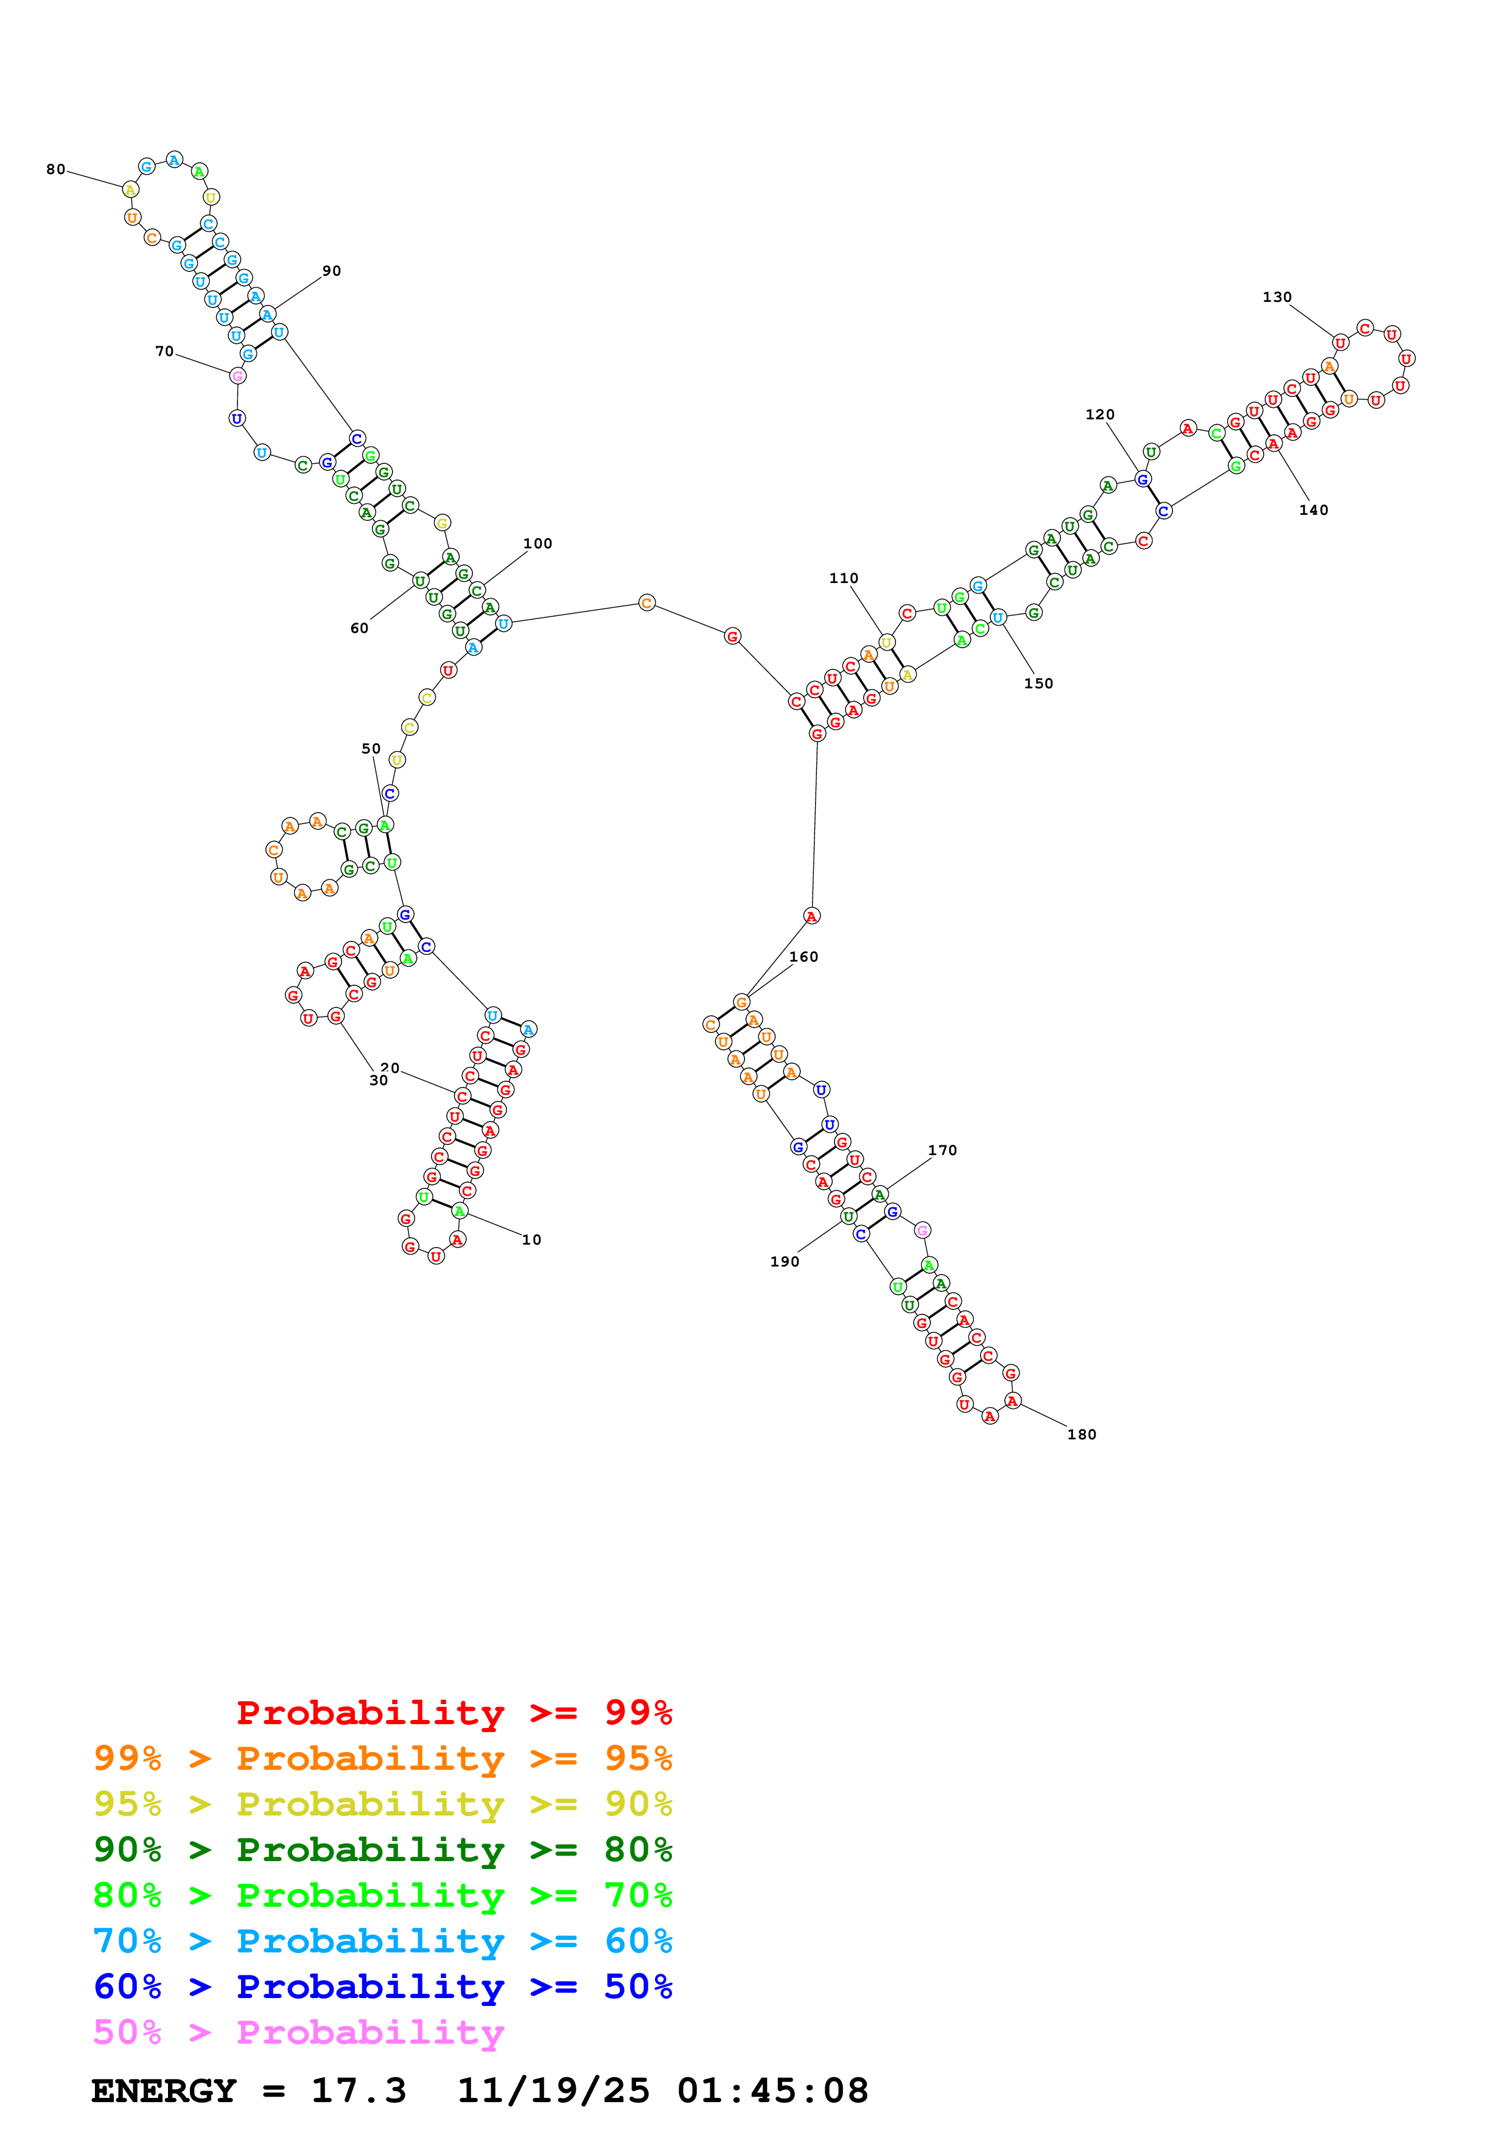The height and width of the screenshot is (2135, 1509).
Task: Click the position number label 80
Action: coord(56,169)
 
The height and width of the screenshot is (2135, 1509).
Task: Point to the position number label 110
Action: coord(843,578)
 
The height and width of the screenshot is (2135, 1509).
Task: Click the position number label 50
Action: coord(371,749)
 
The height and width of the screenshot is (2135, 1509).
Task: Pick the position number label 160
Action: coord(804,956)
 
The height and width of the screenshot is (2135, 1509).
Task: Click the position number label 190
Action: coord(785,1261)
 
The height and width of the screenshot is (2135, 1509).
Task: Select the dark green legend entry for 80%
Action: coord(383,1850)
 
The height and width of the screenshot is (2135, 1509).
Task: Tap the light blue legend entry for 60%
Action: coord(383,1941)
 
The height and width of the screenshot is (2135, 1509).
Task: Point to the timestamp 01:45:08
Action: coord(772,2091)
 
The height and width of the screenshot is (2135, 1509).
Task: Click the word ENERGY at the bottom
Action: coord(164,2091)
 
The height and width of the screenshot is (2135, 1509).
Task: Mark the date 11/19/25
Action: coord(553,2091)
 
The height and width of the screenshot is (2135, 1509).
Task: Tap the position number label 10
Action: coord(531,1240)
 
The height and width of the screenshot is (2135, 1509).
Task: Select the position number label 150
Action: coord(1038,683)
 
